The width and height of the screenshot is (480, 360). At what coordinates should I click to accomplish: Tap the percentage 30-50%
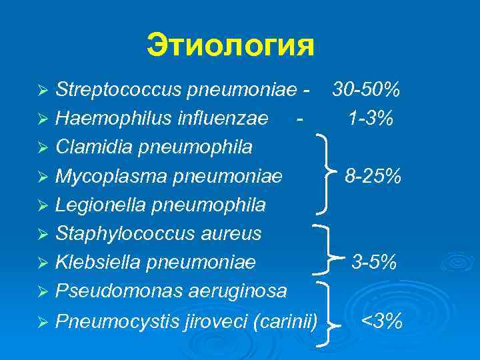pos(367,89)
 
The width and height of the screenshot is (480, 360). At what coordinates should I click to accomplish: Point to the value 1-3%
pos(370,118)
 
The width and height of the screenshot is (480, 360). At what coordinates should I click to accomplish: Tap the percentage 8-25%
pos(373,176)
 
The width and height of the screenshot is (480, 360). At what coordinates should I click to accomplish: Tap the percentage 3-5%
pos(374,263)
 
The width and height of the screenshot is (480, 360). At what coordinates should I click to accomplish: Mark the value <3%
pos(382,322)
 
